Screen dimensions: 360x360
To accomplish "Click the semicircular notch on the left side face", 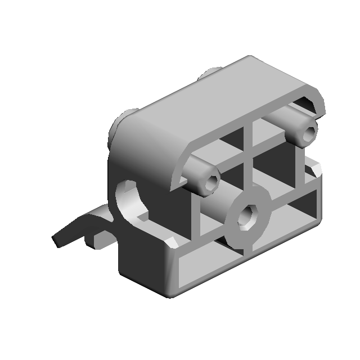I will [130, 200].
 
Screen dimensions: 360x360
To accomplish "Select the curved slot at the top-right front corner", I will [309, 104].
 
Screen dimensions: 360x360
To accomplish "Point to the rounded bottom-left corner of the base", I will [169, 290].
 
